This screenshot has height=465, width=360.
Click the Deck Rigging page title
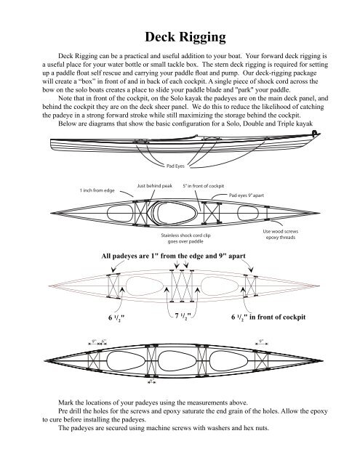click(x=180, y=37)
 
